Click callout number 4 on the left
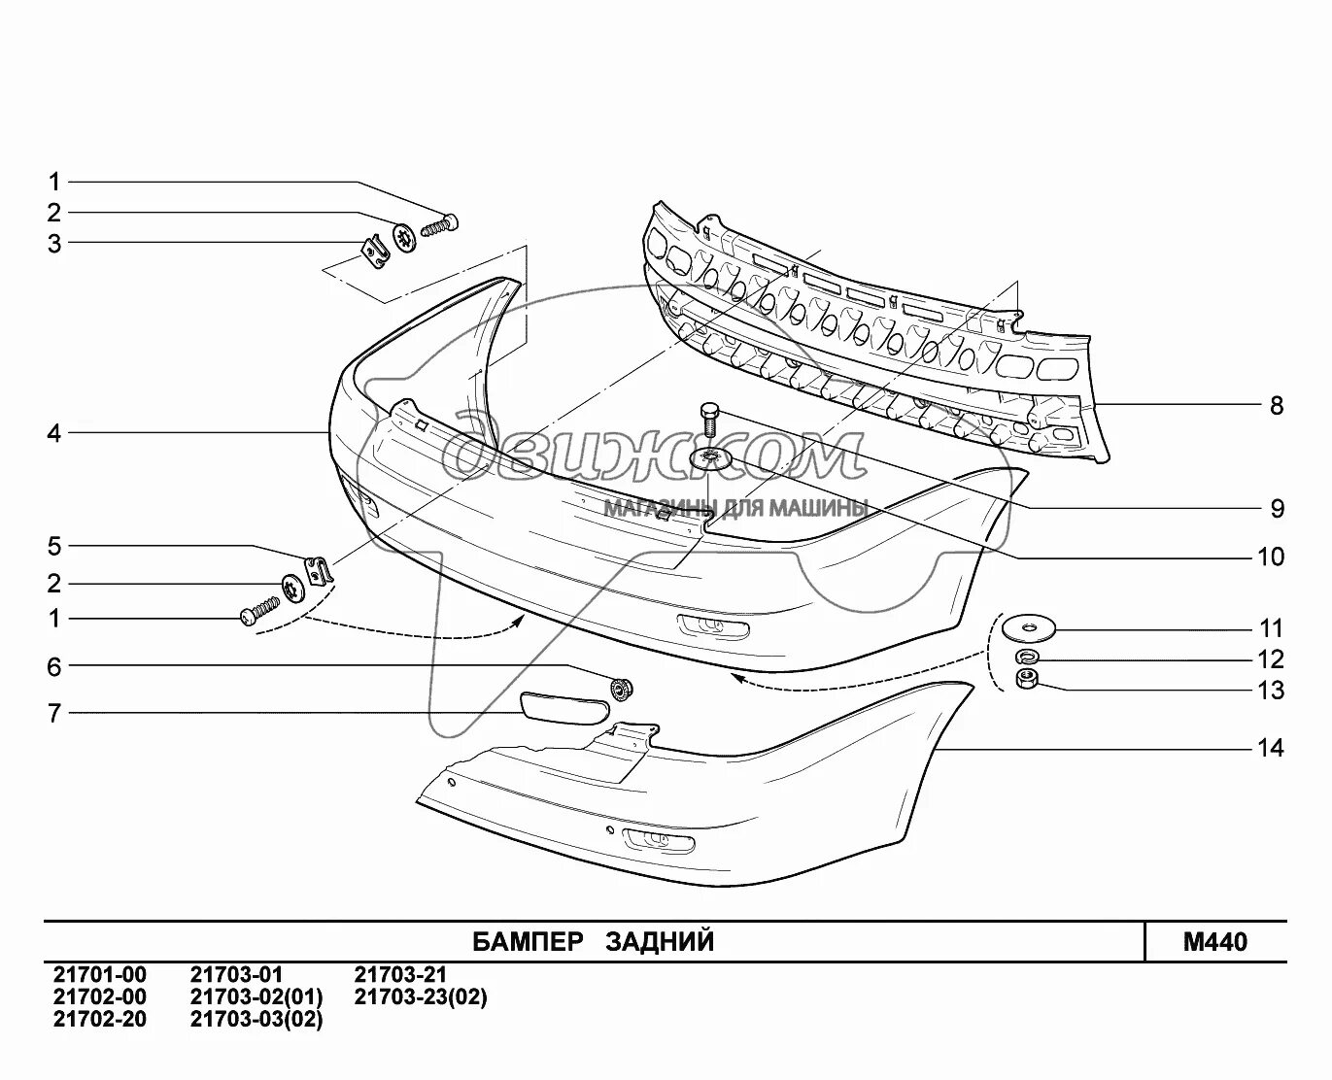point(54,433)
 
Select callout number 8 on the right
point(1277,405)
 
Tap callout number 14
point(1270,748)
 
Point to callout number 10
point(1270,557)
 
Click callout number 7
point(54,714)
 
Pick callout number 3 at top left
point(54,244)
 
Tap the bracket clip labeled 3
point(375,253)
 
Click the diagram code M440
point(1214,942)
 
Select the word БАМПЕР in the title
point(528,942)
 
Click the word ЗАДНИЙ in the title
point(661,942)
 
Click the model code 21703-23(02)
point(421,997)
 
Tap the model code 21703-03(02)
point(256,1020)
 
